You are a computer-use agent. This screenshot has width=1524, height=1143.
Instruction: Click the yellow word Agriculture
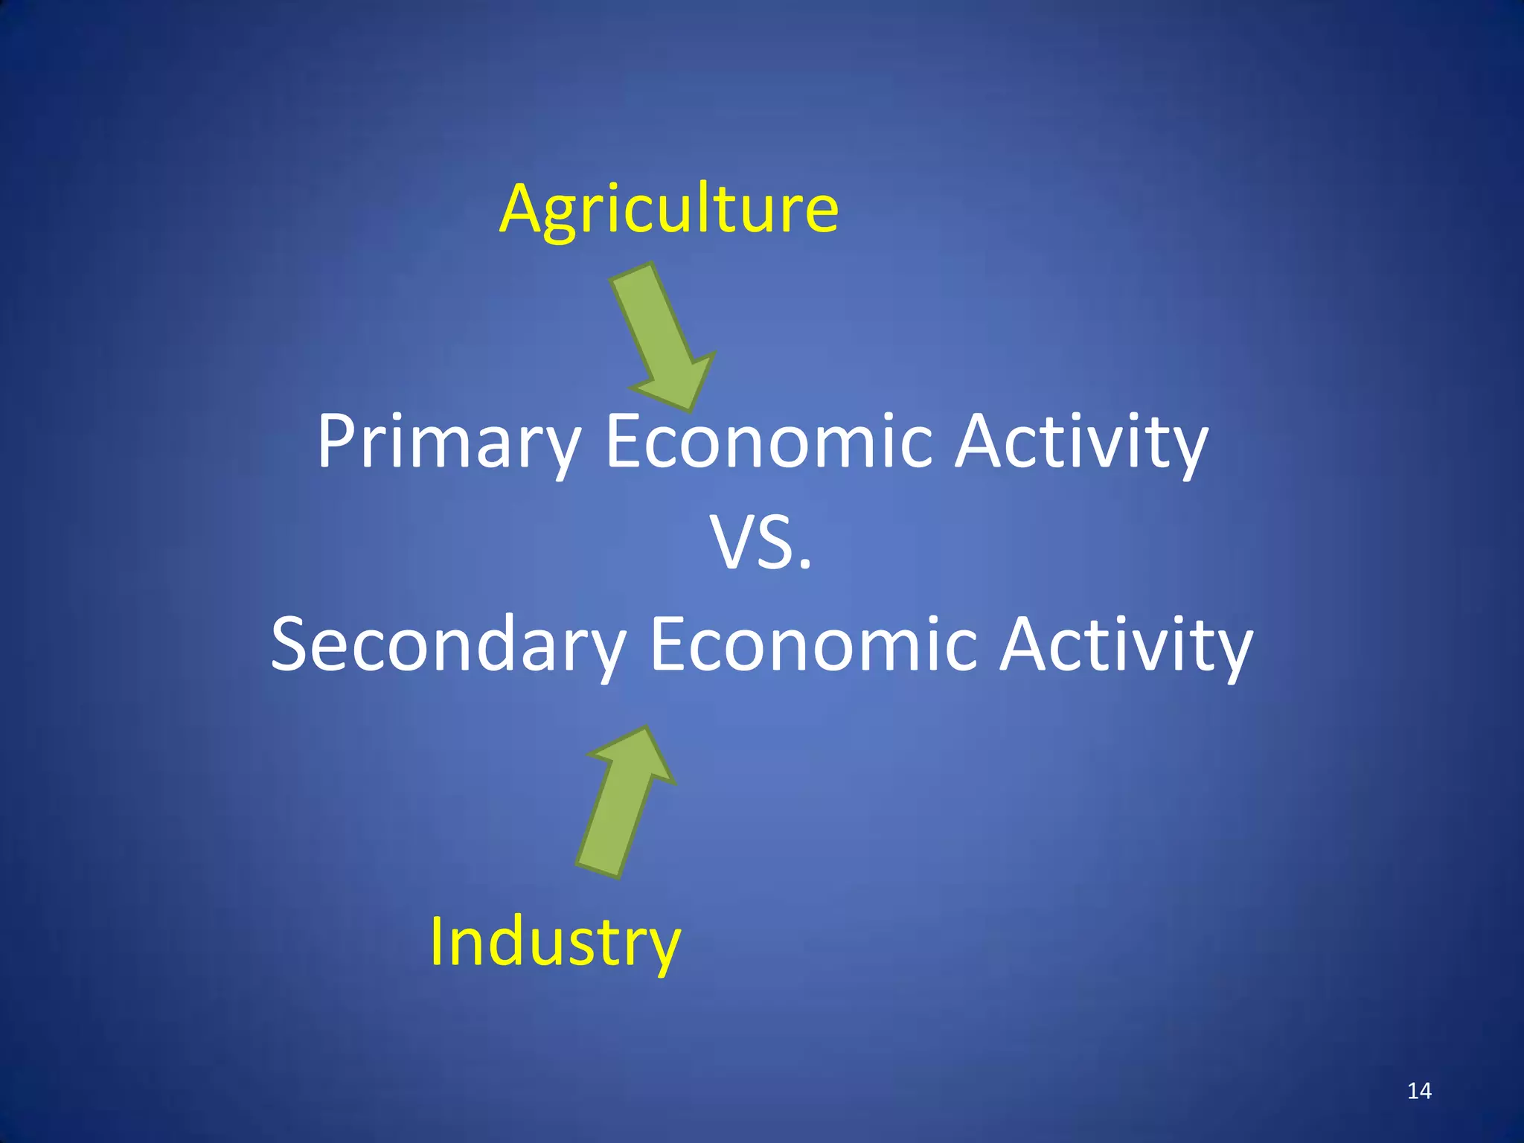click(x=668, y=209)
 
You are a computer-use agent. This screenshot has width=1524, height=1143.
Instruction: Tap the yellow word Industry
click(x=554, y=942)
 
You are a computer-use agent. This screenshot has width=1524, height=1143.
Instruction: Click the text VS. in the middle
click(x=761, y=543)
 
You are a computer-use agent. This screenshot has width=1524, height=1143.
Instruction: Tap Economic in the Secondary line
click(x=813, y=644)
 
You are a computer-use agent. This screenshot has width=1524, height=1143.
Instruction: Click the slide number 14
click(x=1419, y=1091)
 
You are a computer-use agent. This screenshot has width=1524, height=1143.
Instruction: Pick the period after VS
click(x=804, y=566)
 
